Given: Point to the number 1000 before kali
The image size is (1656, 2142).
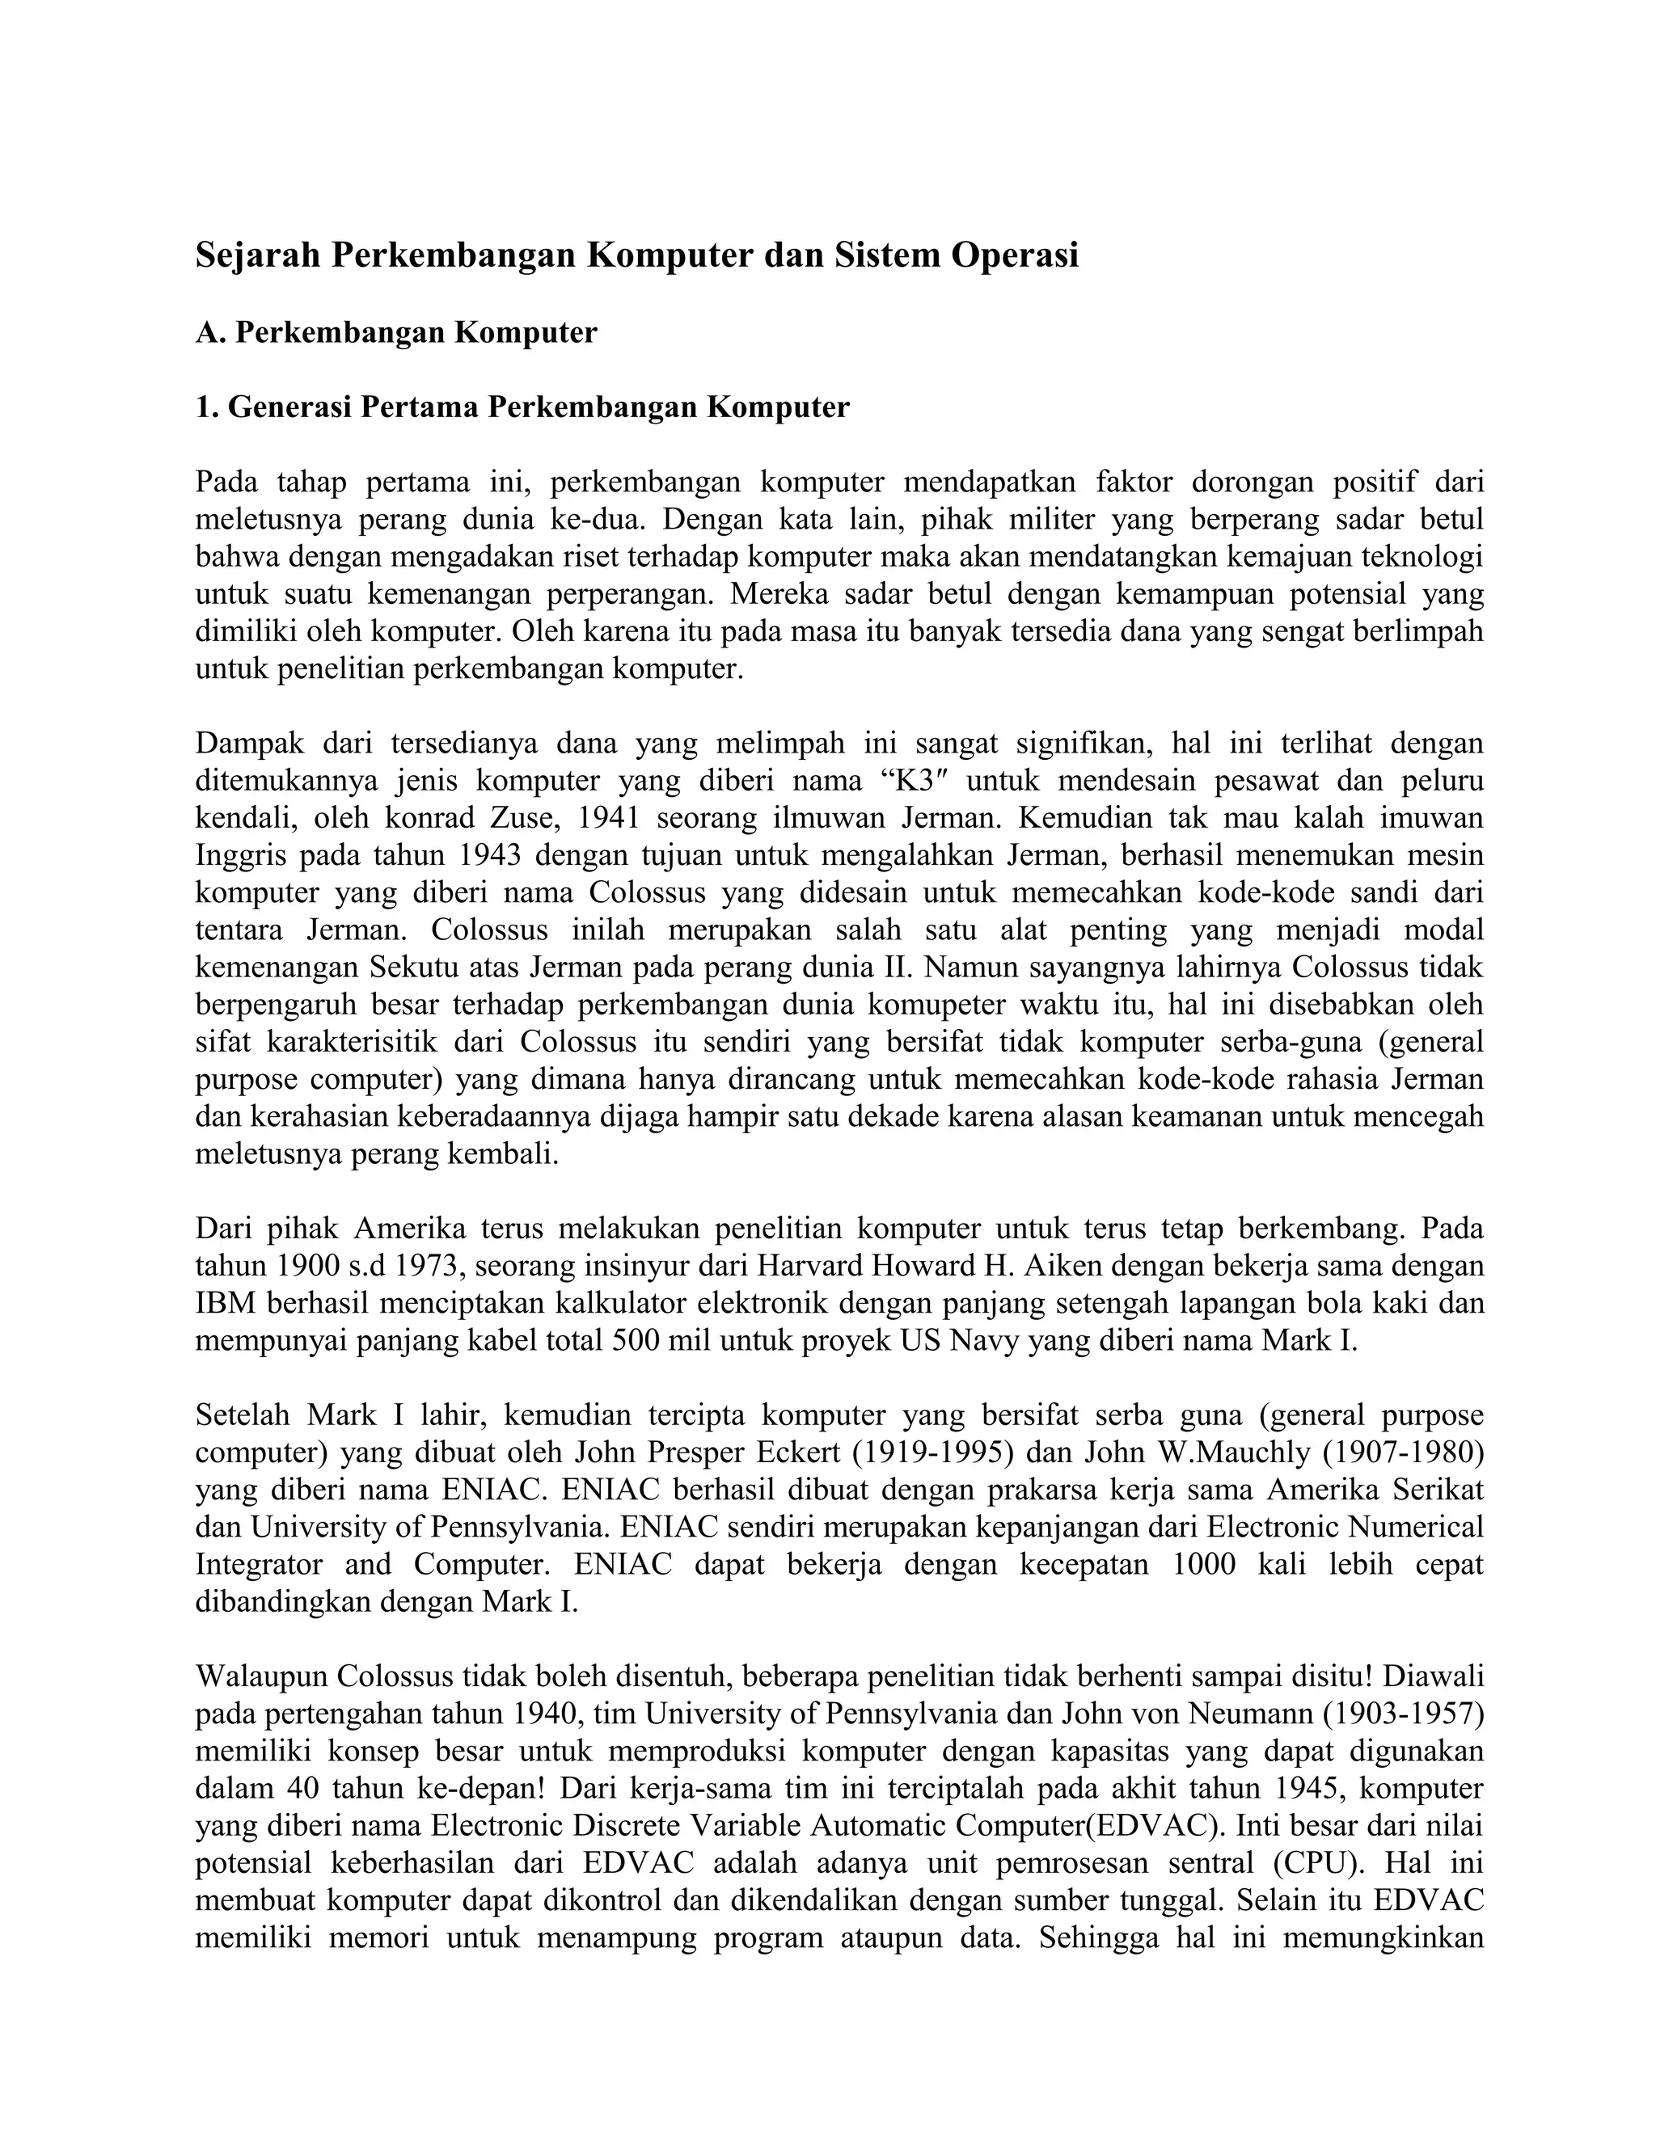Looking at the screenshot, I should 1205,1564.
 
